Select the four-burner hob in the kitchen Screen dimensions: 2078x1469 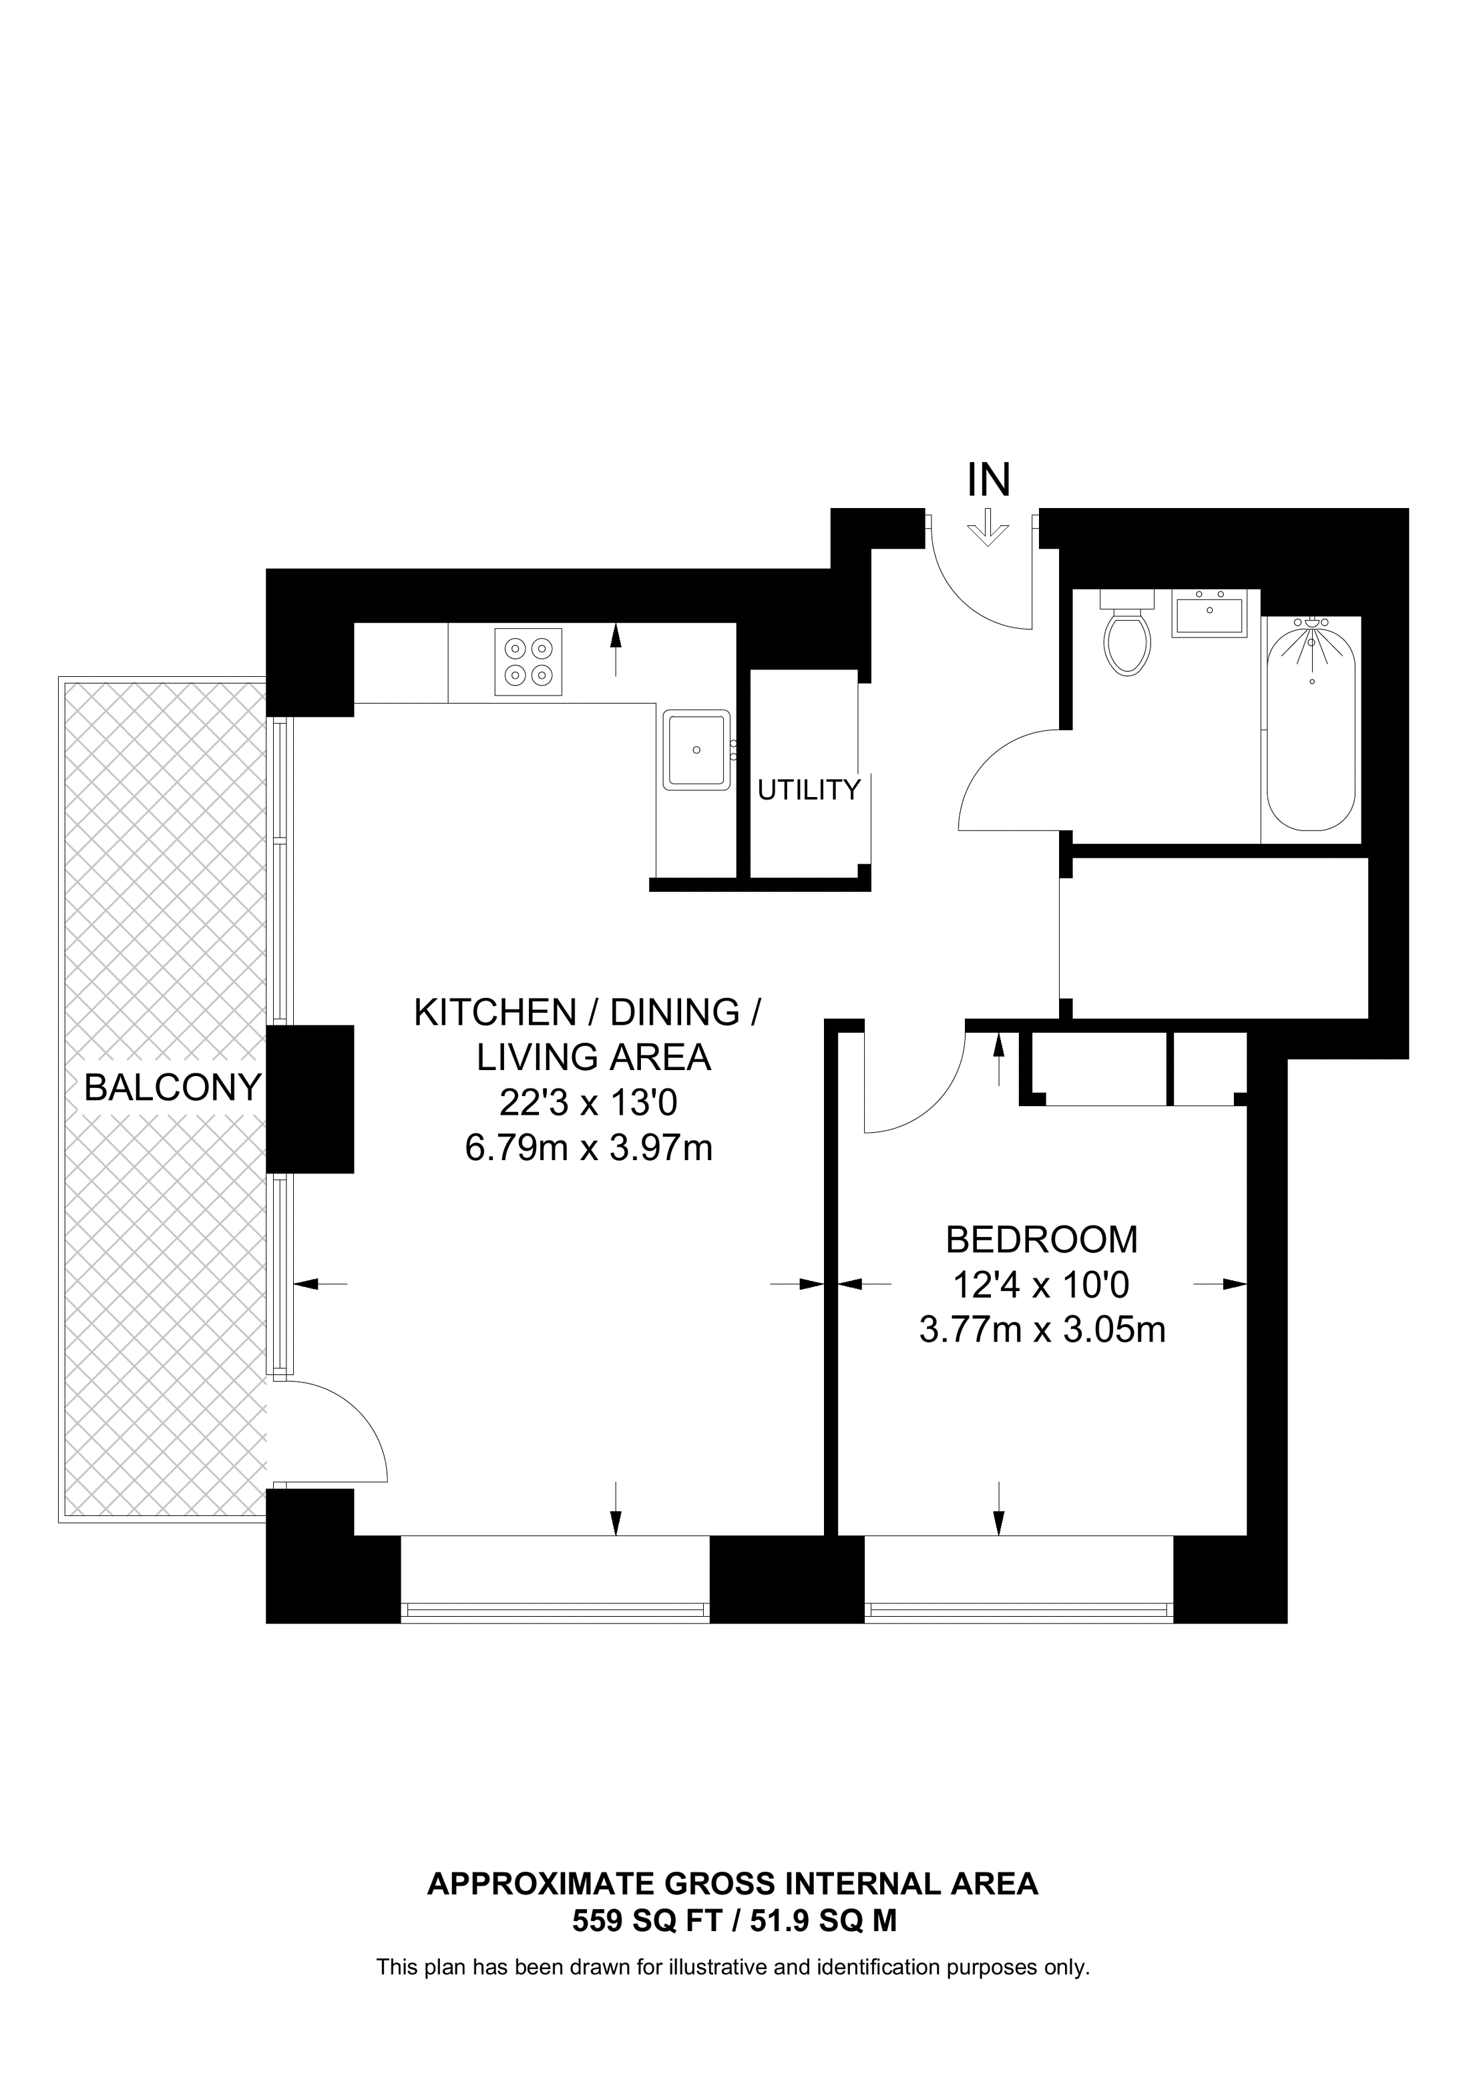(x=528, y=662)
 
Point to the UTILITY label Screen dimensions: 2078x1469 (x=808, y=790)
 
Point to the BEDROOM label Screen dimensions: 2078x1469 (x=1042, y=1239)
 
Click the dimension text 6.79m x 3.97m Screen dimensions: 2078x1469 (x=588, y=1149)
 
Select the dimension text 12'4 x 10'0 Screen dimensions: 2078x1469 (x=1042, y=1284)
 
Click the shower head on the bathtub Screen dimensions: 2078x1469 (x=1311, y=625)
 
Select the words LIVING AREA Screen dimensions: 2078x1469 (x=594, y=1057)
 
